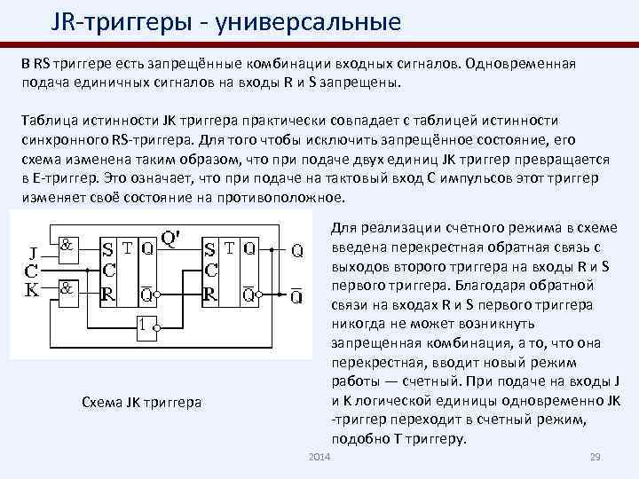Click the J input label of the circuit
point(34,250)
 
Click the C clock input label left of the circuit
point(32,269)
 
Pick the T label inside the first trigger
point(127,249)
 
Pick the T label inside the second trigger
point(233,249)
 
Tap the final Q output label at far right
point(298,251)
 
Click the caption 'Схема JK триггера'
point(140,403)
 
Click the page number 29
point(596,456)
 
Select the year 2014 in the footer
point(317,456)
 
